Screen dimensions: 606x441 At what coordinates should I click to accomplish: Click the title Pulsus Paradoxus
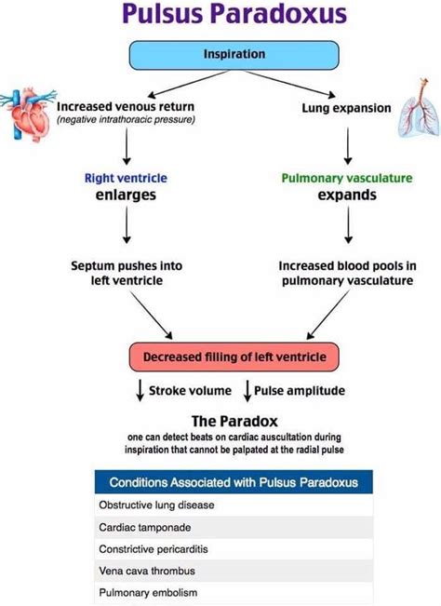[x=220, y=16]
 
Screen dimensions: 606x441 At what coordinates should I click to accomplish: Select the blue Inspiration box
[x=234, y=55]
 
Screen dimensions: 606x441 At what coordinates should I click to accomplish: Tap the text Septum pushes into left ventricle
[x=127, y=272]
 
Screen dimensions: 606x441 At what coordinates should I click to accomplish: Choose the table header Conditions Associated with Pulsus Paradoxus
[x=234, y=482]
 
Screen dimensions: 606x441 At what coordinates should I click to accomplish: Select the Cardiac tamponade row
[x=234, y=526]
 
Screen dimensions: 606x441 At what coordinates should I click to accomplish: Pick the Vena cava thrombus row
[x=234, y=570]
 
